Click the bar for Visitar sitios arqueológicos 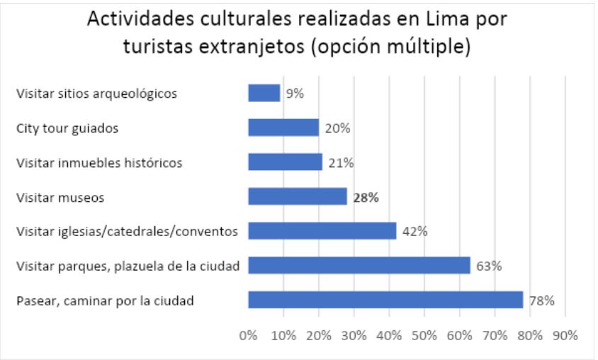pyautogui.click(x=264, y=93)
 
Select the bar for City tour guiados pyautogui.click(x=283, y=128)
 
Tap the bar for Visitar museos pyautogui.click(x=298, y=197)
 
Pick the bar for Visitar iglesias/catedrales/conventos pyautogui.click(x=322, y=231)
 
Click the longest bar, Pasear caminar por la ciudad pyautogui.click(x=385, y=300)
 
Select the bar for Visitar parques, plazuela pyautogui.click(x=359, y=266)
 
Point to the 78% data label pyautogui.click(x=541, y=300)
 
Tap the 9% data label pyautogui.click(x=294, y=94)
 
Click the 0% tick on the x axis pyautogui.click(x=248, y=334)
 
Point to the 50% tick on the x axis pyautogui.click(x=424, y=334)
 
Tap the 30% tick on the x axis pyautogui.click(x=354, y=334)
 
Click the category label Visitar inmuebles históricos pyautogui.click(x=99, y=163)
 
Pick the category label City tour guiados pyautogui.click(x=67, y=128)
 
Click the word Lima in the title pyautogui.click(x=444, y=19)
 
